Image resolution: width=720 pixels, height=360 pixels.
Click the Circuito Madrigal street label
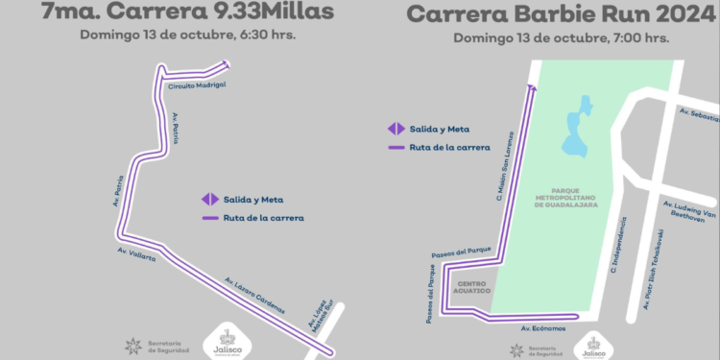[197, 86]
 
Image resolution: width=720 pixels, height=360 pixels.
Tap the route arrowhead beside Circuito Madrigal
[226, 64]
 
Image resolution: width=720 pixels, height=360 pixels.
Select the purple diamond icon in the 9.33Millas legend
[209, 200]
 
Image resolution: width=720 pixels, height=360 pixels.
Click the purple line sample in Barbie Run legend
[395, 148]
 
